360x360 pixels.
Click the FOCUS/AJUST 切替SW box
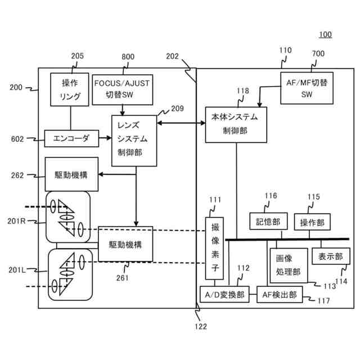123,90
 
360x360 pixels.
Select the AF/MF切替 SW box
307,88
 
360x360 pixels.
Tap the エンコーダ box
71,138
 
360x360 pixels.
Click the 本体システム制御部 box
236,125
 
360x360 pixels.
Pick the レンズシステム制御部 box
134,141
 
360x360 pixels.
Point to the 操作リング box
70,89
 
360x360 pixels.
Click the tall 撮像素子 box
214,248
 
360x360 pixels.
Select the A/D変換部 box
224,294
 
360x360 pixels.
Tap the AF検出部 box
280,294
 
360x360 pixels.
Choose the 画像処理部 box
289,265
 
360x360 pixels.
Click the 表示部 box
331,256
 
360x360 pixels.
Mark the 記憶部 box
268,221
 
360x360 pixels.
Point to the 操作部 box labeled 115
312,222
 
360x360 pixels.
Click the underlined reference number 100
325,34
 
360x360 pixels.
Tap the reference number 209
178,109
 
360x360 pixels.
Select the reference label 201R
16,221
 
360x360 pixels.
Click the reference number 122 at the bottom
201,326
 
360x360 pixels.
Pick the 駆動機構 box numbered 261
125,244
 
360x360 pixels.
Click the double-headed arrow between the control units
181,123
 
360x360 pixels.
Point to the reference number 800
128,56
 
